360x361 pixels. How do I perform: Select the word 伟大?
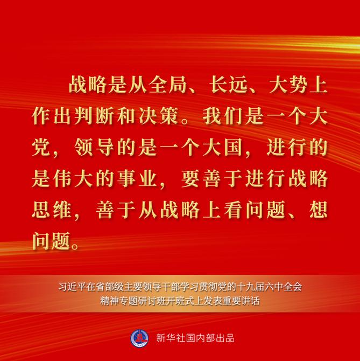(x=73, y=178)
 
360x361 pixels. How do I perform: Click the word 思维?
(x=52, y=210)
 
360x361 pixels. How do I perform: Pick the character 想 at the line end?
(x=319, y=210)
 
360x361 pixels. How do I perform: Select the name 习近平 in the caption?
(x=68, y=287)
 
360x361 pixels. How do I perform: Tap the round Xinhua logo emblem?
(x=139, y=338)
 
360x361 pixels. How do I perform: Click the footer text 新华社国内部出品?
(x=195, y=338)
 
